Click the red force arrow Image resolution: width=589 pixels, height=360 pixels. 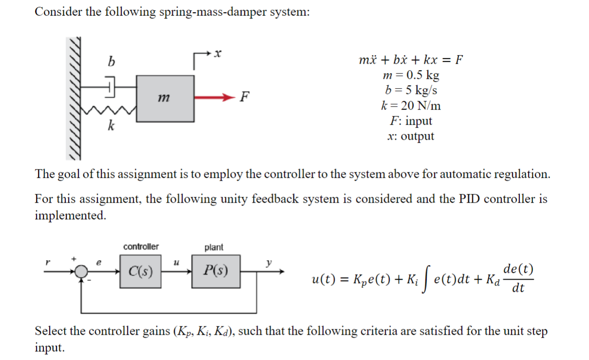[214, 97]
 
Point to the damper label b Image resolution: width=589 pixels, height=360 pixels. [111, 62]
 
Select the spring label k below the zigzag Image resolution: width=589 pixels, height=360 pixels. [111, 127]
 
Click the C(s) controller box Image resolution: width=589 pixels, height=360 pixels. [141, 271]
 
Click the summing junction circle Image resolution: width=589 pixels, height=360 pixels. [84, 271]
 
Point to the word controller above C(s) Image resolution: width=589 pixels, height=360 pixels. [141, 247]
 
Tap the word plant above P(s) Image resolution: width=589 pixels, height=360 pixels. [214, 247]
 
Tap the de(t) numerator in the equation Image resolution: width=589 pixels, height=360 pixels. [519, 269]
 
